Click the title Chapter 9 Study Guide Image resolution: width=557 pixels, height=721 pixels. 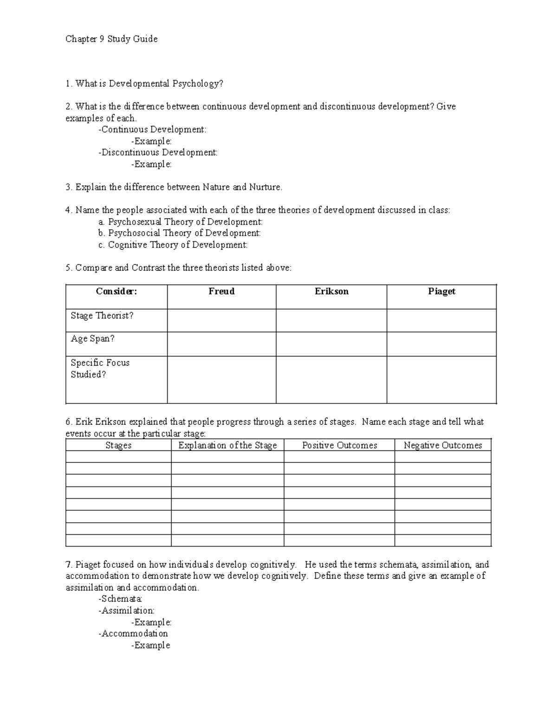(111, 39)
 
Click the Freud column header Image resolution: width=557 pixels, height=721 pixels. (221, 292)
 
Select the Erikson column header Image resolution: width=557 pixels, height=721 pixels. (331, 292)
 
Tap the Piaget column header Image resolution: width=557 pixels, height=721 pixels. (441, 292)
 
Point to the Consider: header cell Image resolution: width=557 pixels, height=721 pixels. (117, 292)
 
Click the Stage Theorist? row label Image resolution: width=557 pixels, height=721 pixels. (102, 316)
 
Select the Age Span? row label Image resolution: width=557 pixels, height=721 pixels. (92, 339)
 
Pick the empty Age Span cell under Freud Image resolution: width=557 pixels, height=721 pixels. (221, 344)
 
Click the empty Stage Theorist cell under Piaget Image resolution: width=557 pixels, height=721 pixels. (441, 320)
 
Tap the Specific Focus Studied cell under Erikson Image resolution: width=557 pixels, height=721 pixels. (331, 379)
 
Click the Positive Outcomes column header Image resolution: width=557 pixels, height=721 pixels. (339, 445)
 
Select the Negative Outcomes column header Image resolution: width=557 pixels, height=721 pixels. (443, 445)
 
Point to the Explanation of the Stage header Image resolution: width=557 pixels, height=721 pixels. (227, 445)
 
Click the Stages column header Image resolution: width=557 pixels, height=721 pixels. (118, 445)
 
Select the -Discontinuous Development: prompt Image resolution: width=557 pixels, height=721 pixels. (158, 153)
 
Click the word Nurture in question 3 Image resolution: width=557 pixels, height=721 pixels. (265, 187)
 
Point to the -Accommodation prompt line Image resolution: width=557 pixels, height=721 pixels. (133, 633)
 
